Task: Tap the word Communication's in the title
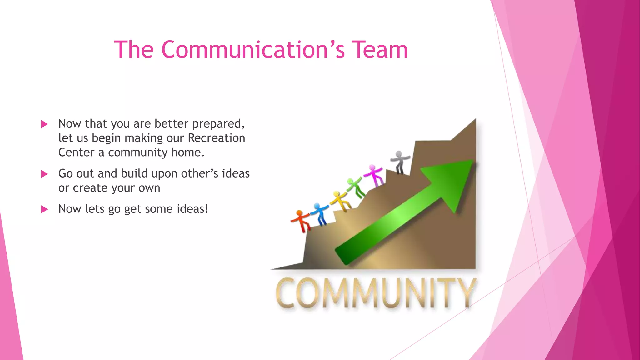click(253, 50)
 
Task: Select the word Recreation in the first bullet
click(216, 138)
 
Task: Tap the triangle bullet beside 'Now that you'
click(44, 124)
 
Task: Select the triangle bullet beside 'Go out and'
click(44, 174)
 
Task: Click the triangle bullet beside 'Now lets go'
click(44, 209)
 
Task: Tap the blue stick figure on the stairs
click(320, 213)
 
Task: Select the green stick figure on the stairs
click(356, 187)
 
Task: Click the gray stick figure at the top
click(399, 161)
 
